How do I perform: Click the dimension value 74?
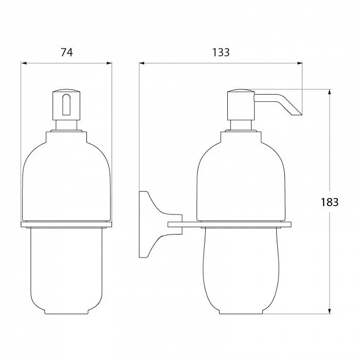click(66, 52)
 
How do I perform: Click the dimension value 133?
click(221, 52)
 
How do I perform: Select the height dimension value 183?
click(330, 202)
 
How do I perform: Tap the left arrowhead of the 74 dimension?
click(24, 63)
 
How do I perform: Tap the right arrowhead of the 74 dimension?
click(109, 63)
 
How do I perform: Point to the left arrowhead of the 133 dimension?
click(142, 63)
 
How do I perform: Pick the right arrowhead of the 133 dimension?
click(299, 63)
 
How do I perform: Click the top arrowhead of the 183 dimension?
click(330, 92)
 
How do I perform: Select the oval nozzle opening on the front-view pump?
click(66, 104)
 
